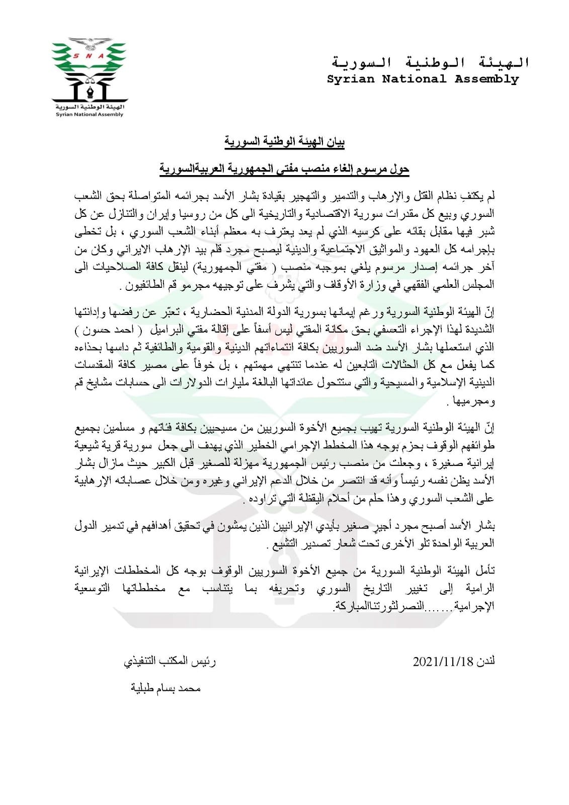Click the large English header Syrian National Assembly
tap(423, 79)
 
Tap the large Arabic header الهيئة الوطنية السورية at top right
tap(430, 63)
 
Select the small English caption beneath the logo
tap(90, 115)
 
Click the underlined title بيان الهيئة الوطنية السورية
tap(284, 142)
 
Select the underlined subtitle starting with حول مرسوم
tap(284, 169)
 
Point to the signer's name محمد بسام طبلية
tap(166, 688)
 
